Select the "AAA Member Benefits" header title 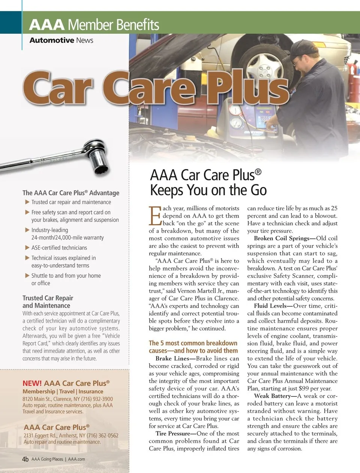(x=94, y=25)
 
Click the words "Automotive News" (x=61, y=40)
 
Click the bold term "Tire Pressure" (x=173, y=433)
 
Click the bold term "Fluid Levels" (x=270, y=306)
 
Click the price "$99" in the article (x=303, y=388)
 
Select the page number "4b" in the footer (x=25, y=459)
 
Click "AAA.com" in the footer (x=76, y=459)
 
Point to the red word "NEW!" (x=32, y=383)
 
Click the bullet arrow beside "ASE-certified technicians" (x=27, y=247)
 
